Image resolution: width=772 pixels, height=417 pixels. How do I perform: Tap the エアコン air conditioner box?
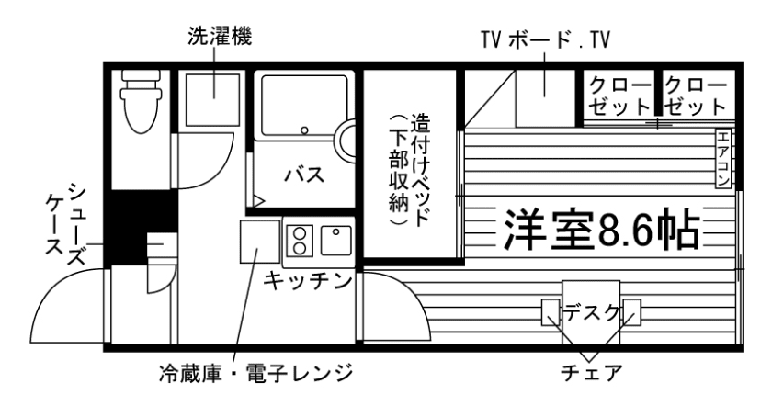click(x=723, y=158)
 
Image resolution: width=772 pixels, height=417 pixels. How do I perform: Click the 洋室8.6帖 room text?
click(x=598, y=232)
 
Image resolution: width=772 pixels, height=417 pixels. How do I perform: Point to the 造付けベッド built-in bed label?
click(x=409, y=170)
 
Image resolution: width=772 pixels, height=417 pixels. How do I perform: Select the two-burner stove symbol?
click(x=299, y=241)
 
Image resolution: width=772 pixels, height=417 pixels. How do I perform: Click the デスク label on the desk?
click(x=591, y=311)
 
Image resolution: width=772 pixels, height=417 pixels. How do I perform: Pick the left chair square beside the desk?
click(x=551, y=312)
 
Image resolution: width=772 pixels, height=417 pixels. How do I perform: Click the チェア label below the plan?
click(x=592, y=375)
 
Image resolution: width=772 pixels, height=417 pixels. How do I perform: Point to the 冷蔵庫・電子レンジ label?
click(x=254, y=375)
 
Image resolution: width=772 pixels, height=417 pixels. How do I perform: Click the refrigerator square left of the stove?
click(x=259, y=242)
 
